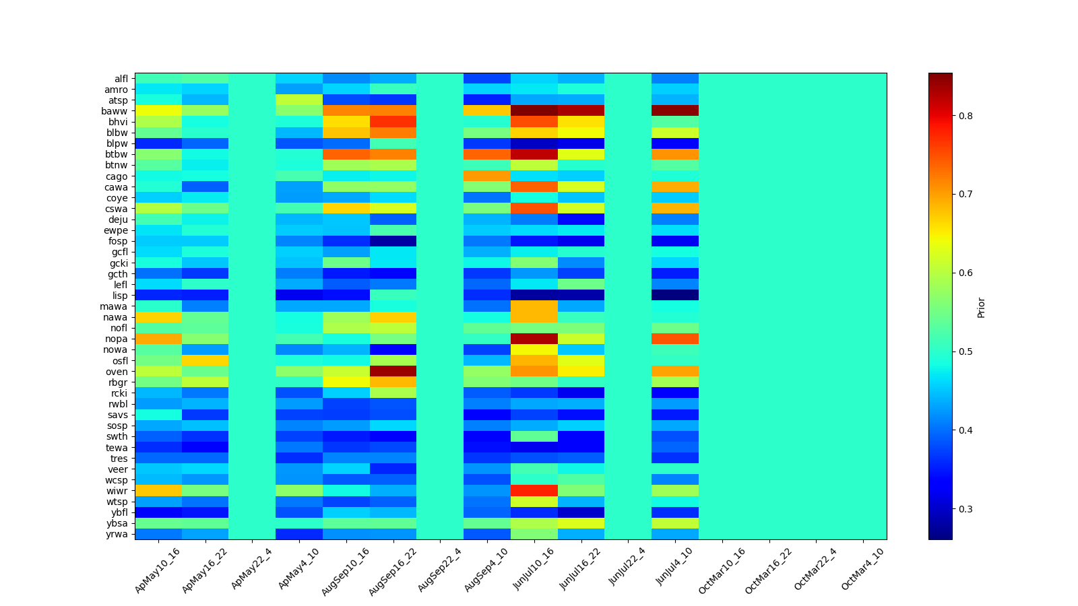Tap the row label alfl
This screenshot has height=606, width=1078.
tap(121, 79)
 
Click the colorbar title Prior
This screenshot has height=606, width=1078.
tap(981, 306)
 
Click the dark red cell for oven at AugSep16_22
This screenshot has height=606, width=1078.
tap(393, 372)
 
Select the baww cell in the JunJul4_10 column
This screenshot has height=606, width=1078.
tap(675, 111)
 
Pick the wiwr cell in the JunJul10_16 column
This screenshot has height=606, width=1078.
tap(534, 491)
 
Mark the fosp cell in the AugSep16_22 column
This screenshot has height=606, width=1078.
tap(393, 241)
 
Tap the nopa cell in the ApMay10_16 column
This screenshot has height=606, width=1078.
tap(158, 339)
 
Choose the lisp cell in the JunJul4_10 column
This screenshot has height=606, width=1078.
tap(675, 296)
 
